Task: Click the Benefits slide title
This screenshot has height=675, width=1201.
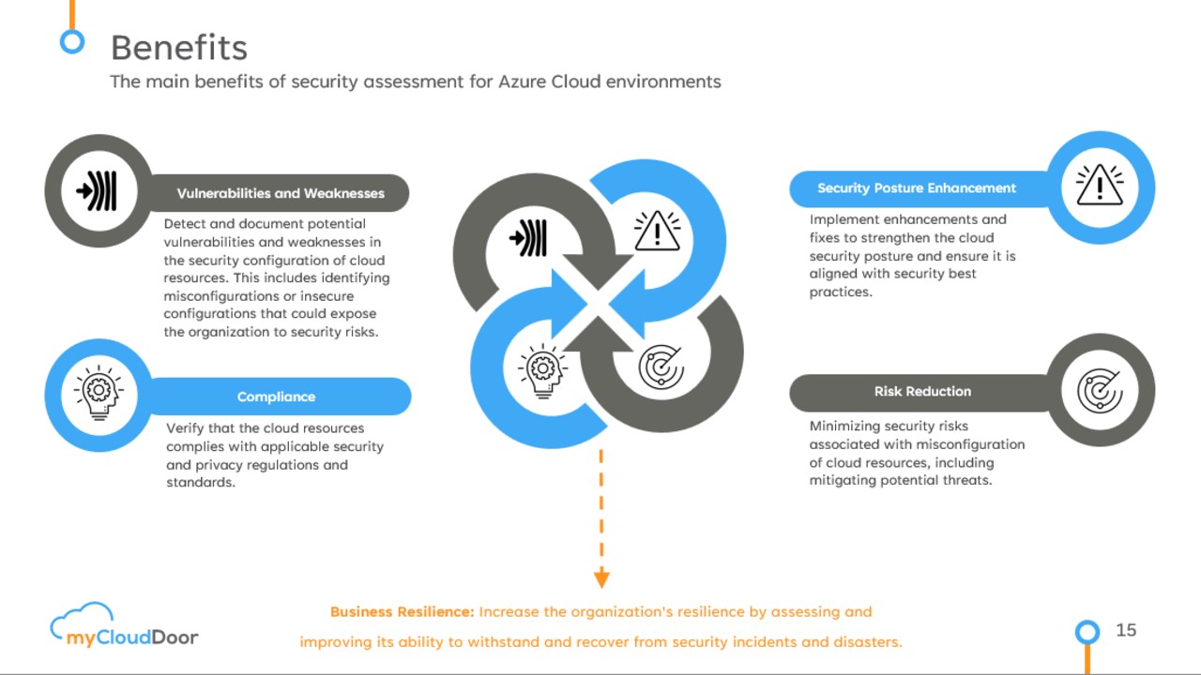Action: click(x=178, y=47)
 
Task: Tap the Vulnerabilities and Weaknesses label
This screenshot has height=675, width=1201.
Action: click(x=281, y=193)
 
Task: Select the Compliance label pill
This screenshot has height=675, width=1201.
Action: click(x=276, y=397)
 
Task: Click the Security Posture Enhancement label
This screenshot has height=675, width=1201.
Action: click(x=916, y=188)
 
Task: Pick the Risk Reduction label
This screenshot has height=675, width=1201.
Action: click(x=922, y=392)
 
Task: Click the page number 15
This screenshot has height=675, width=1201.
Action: click(x=1126, y=630)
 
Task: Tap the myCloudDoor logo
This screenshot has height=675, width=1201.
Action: click(x=124, y=626)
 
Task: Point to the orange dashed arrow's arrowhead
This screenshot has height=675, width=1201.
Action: click(x=601, y=578)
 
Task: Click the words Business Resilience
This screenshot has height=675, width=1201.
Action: click(x=402, y=612)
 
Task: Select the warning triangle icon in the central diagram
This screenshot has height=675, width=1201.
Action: click(x=657, y=231)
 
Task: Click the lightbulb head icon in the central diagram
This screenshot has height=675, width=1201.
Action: click(x=542, y=371)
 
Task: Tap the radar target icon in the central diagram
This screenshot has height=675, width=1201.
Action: click(x=661, y=367)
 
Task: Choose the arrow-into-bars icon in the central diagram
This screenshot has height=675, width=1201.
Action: click(x=529, y=238)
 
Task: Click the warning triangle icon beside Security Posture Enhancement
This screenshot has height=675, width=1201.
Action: click(x=1100, y=186)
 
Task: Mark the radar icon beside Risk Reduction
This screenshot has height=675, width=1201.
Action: click(x=1100, y=391)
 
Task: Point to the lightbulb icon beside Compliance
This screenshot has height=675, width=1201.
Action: click(x=99, y=394)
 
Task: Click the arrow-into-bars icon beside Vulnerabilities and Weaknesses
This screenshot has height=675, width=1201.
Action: click(x=98, y=191)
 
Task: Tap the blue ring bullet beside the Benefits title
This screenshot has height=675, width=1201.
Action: click(x=71, y=41)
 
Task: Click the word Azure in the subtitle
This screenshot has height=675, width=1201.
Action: click(x=523, y=82)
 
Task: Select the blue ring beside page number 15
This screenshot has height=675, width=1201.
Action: click(x=1087, y=632)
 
